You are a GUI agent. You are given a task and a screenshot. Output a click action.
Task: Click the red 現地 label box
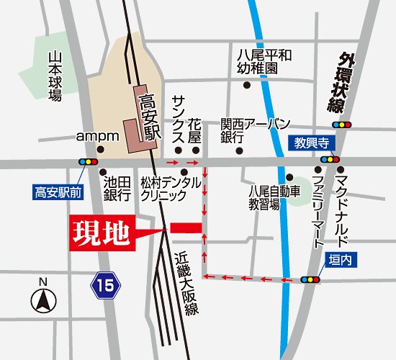(x=102, y=233)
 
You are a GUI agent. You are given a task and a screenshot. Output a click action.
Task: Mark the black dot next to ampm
(x=101, y=150)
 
